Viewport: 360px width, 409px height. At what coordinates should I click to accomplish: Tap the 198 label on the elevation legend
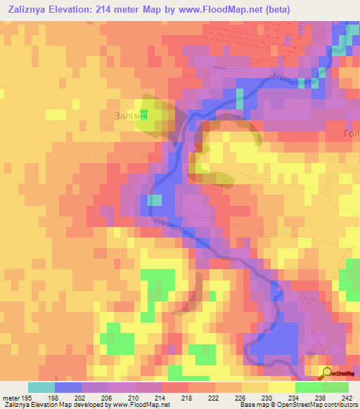pos(68,398)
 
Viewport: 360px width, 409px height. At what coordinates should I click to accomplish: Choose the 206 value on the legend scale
pos(122,398)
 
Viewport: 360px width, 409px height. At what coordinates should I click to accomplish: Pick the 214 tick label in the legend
pos(176,398)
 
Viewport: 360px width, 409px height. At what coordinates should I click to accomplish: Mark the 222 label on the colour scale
pos(229,398)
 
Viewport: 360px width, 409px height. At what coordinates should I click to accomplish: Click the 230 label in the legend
pos(283,398)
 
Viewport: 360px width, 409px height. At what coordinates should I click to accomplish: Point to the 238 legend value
pos(335,398)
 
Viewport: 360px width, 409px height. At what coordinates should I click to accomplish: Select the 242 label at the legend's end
pos(352,398)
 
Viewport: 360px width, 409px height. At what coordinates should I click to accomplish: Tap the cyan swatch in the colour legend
pos(41,387)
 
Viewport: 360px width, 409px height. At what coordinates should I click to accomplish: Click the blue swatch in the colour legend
pos(68,387)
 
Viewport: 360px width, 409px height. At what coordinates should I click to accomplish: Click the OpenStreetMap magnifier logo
pos(326,373)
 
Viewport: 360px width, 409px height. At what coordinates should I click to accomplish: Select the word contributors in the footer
pos(340,405)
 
